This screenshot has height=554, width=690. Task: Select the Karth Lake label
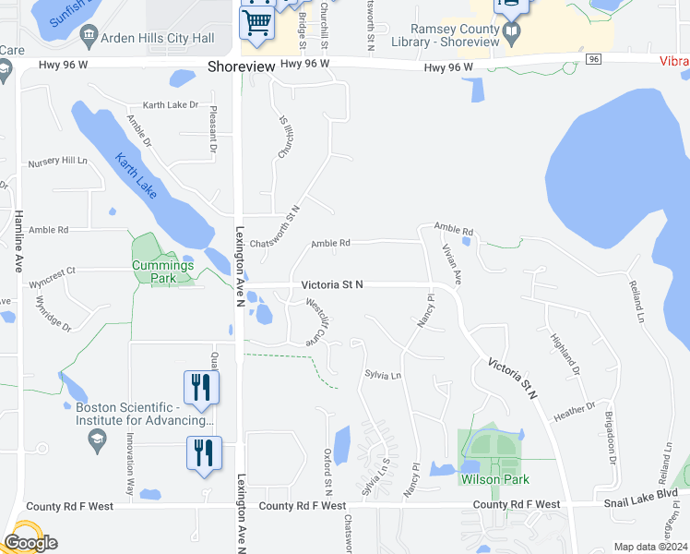[136, 175]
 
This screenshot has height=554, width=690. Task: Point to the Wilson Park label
[496, 479]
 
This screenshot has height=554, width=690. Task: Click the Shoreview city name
[240, 66]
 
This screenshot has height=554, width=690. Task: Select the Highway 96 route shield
[593, 59]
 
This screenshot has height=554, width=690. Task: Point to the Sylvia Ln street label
[383, 376]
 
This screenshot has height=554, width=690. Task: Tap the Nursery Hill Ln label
[57, 162]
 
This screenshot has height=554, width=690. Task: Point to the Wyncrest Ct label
[51, 271]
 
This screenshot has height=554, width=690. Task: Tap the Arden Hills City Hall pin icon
[89, 38]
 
